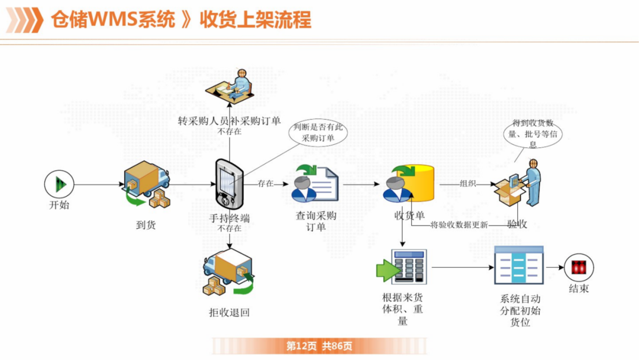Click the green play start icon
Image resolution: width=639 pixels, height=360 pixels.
[59, 184]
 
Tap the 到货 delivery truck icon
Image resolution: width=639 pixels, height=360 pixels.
[146, 186]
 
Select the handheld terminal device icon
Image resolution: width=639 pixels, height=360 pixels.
[229, 184]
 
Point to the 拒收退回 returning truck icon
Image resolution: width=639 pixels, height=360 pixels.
[228, 274]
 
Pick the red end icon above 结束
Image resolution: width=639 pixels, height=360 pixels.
[579, 267]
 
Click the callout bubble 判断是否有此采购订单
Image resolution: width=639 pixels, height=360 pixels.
[318, 132]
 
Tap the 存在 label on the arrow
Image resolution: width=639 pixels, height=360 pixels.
[266, 184]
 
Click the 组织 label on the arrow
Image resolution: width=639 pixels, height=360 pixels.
[468, 184]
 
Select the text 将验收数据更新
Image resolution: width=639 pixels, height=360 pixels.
[459, 224]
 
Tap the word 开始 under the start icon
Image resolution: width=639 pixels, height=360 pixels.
[59, 205]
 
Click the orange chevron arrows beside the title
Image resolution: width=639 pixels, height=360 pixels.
[24, 20]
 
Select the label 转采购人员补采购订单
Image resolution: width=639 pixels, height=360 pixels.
[230, 121]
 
